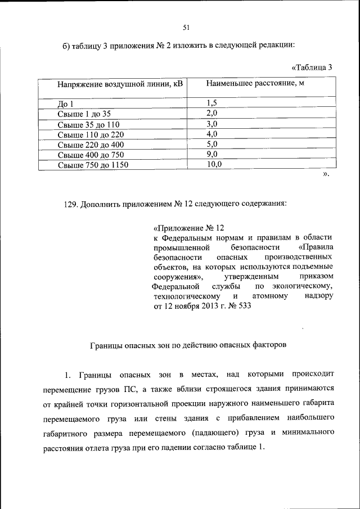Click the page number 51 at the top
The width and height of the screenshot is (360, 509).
pyautogui.click(x=186, y=27)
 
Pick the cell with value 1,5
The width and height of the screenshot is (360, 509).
pyautogui.click(x=211, y=102)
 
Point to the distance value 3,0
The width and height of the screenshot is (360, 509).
pyautogui.click(x=211, y=124)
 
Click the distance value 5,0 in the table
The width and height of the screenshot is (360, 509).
pyautogui.click(x=211, y=144)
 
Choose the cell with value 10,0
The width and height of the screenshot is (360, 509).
pyautogui.click(x=214, y=164)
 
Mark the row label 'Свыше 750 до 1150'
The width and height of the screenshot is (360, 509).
pyautogui.click(x=93, y=165)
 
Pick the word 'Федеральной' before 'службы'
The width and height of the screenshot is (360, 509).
pyautogui.click(x=175, y=286)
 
